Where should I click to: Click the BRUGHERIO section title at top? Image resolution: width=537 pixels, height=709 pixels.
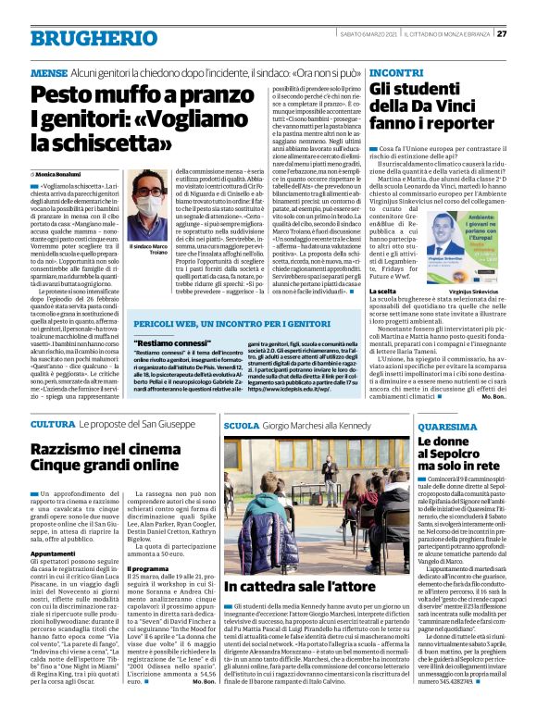[x=83, y=38]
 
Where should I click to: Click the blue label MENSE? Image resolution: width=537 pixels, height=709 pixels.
[x=48, y=71]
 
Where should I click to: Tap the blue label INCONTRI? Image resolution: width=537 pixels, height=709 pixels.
[x=396, y=71]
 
